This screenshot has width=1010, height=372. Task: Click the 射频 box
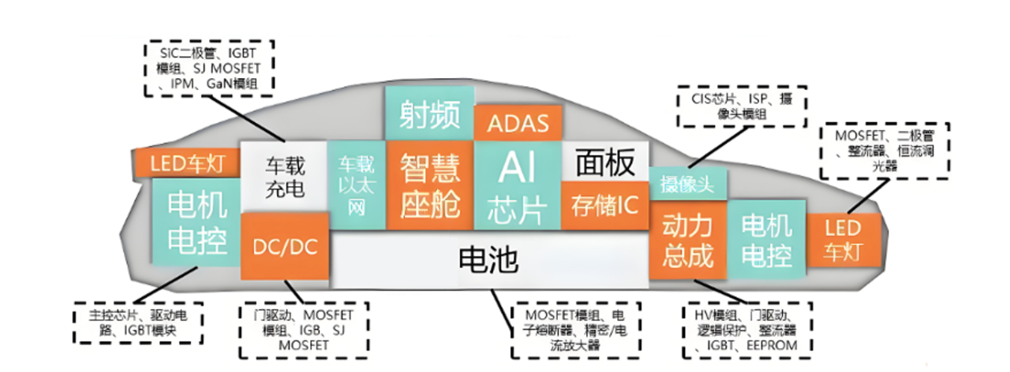(429, 113)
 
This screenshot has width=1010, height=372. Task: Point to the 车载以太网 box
(355, 186)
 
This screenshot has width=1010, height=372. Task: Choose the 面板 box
(604, 162)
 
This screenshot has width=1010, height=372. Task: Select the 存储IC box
(604, 204)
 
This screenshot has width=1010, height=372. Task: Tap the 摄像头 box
(686, 185)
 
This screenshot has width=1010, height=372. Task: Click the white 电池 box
(489, 259)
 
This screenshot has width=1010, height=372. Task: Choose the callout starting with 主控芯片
(137, 323)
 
